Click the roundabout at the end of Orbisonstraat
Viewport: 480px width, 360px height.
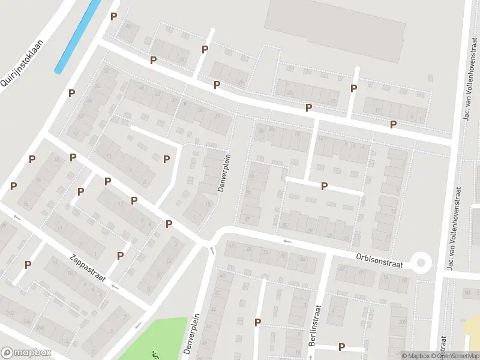(x=421, y=262)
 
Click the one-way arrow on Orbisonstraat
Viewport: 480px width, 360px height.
(x=287, y=241)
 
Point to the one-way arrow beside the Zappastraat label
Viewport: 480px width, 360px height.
(x=114, y=287)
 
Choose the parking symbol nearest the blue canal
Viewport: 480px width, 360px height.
(x=113, y=17)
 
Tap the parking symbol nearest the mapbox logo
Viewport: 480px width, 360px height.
(x=28, y=265)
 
